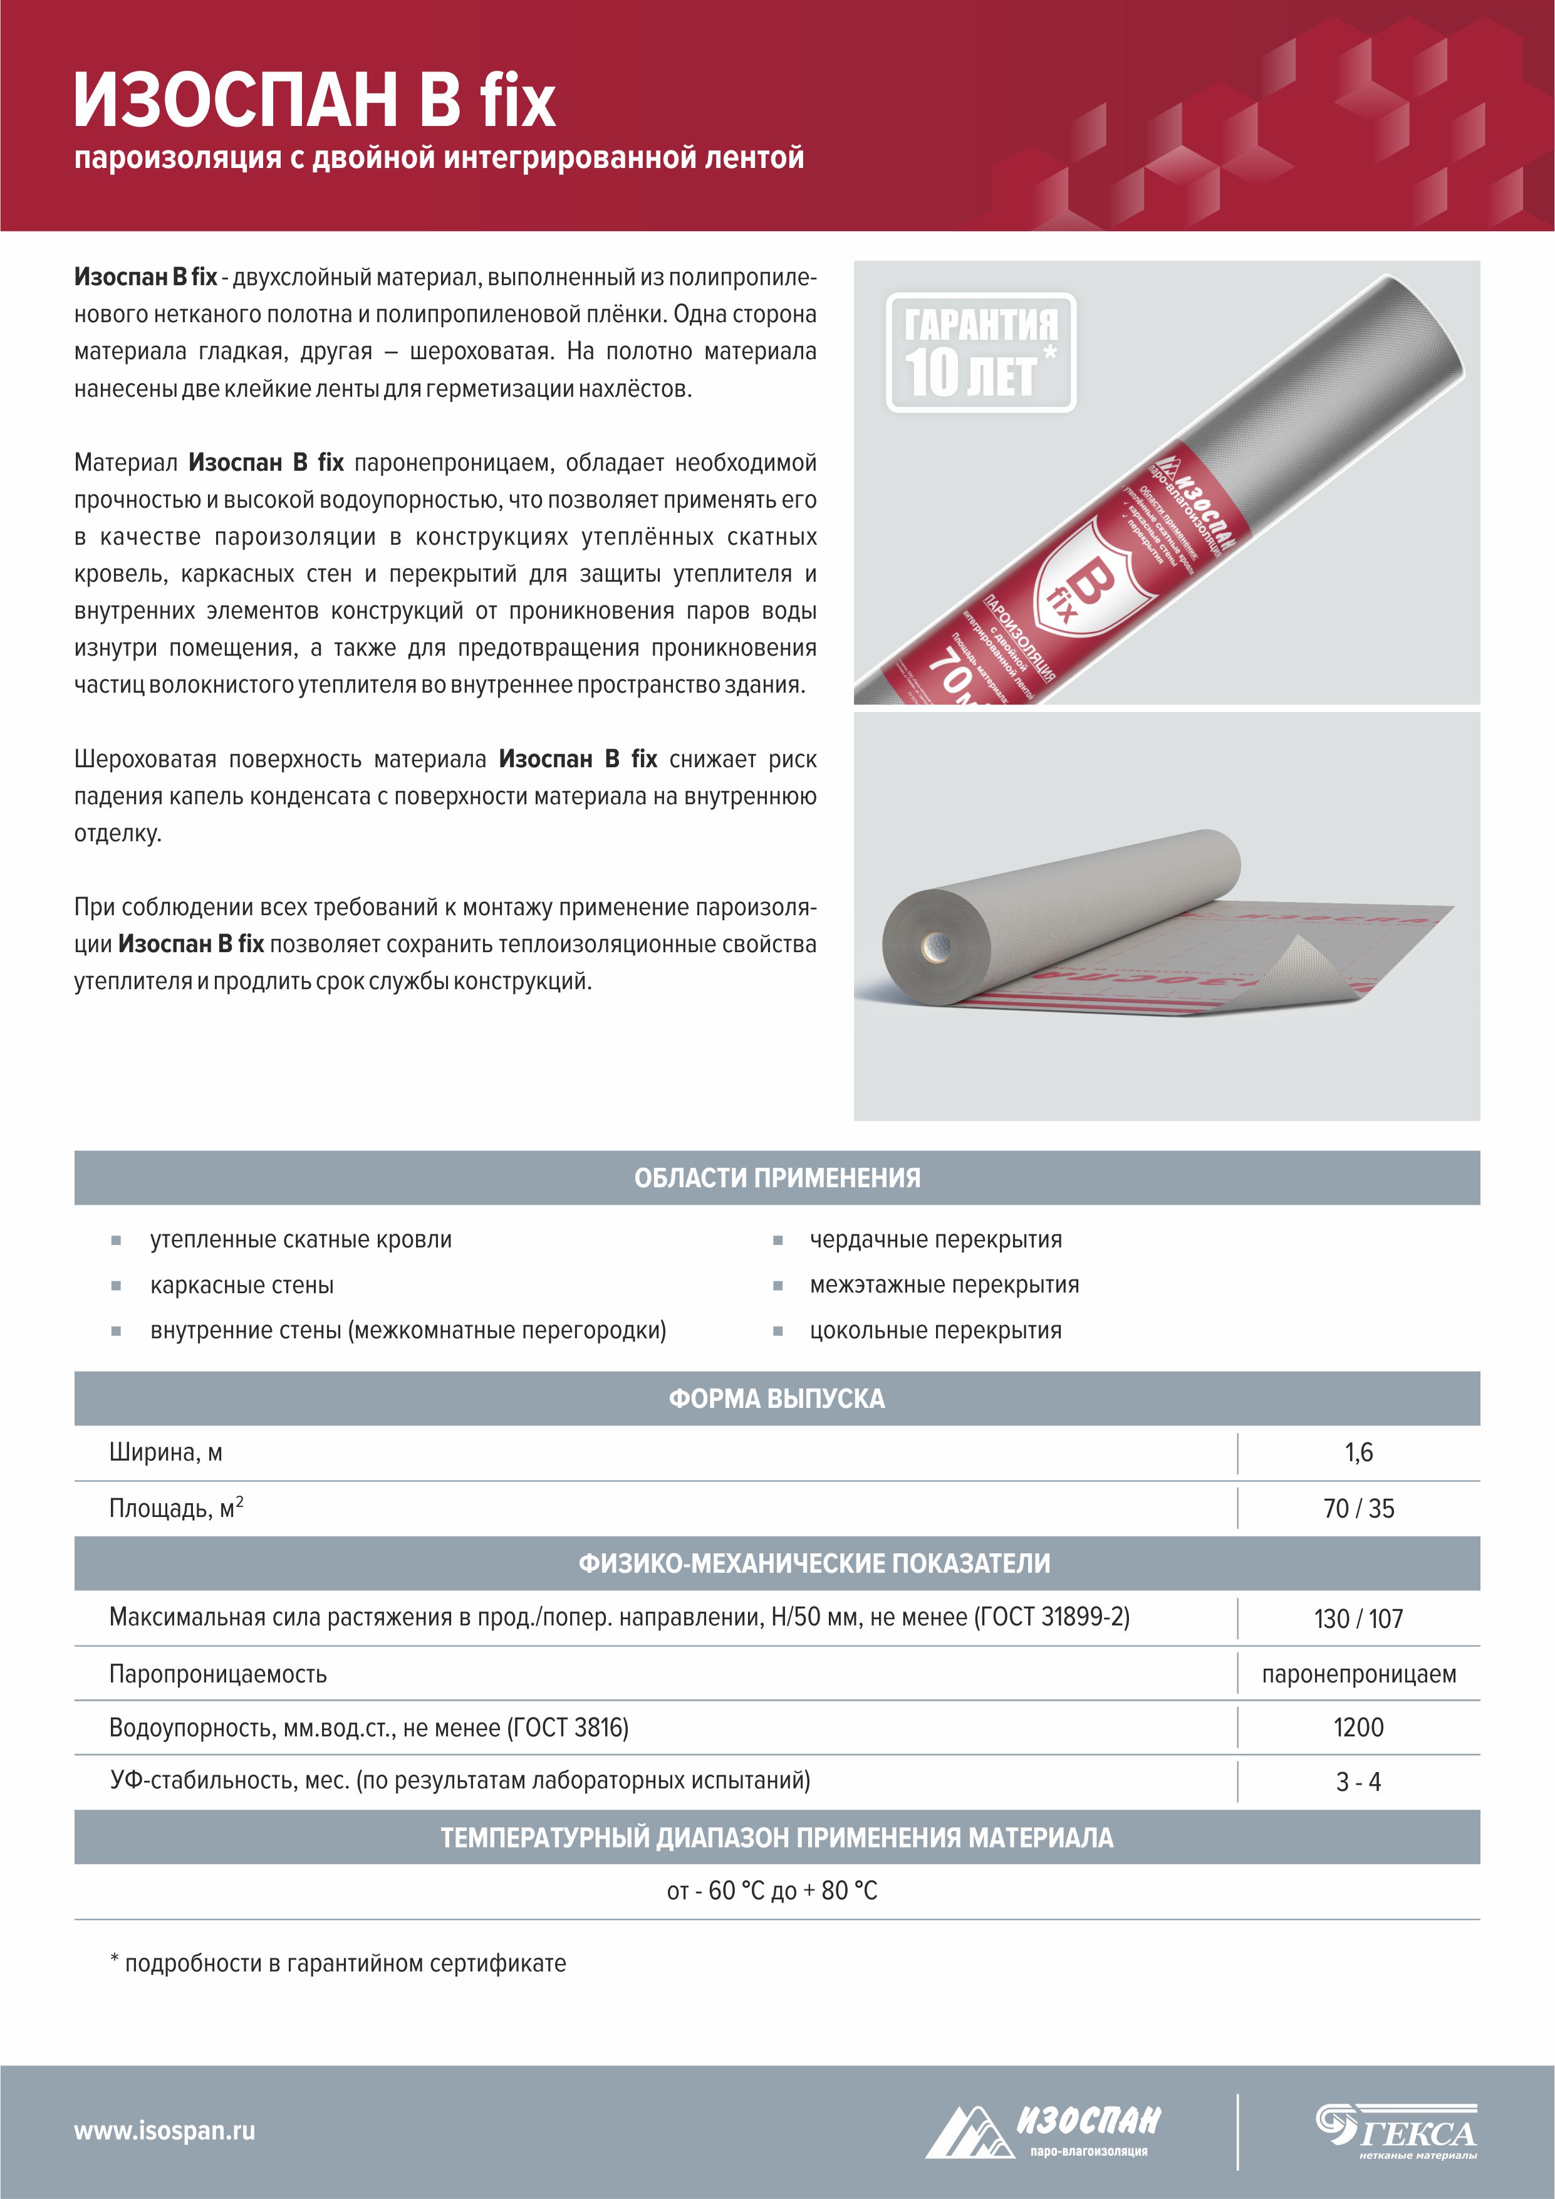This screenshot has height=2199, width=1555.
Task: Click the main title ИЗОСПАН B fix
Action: tap(314, 100)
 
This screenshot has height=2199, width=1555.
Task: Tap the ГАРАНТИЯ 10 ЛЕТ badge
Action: tap(980, 352)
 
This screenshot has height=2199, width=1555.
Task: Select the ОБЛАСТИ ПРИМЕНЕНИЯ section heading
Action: tap(776, 1178)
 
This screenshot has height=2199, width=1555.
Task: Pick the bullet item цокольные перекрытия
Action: tap(935, 1330)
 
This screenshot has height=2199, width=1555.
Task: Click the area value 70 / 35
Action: tap(1358, 1508)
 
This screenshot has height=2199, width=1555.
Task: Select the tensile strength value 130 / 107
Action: tap(1358, 1619)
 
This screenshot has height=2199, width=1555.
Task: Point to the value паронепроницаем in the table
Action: tap(1358, 1674)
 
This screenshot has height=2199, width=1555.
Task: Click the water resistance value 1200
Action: tap(1358, 1728)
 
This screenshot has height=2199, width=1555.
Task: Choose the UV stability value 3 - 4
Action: tap(1358, 1782)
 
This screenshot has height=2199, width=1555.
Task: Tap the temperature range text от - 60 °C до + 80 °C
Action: tap(772, 1891)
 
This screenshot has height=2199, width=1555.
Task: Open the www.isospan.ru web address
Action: tap(165, 2130)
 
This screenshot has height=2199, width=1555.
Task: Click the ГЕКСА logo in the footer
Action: tap(1396, 2130)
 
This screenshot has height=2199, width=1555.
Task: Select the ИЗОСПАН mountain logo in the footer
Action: tap(1044, 2130)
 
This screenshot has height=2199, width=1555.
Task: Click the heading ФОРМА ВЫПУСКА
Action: tap(776, 1399)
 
